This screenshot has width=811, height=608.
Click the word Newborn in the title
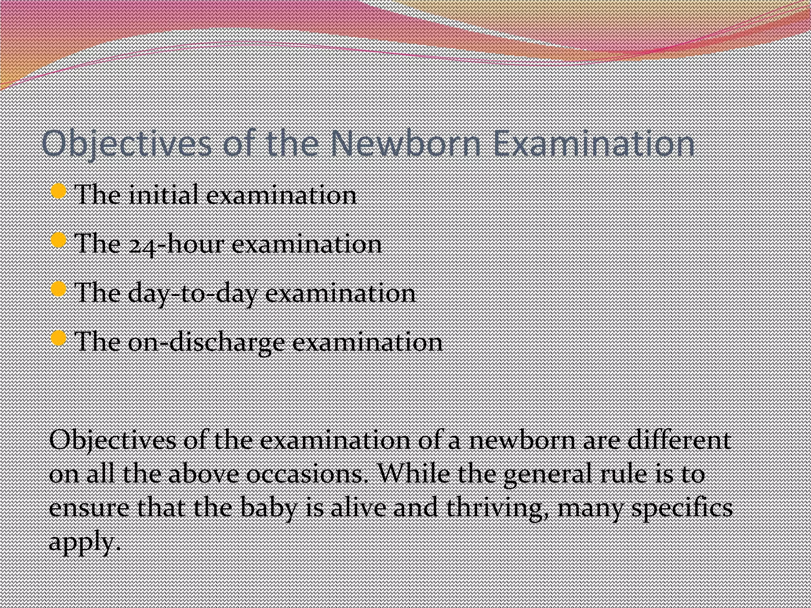(405, 143)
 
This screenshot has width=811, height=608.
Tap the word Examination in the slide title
(594, 143)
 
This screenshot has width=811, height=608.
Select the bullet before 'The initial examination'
(59, 192)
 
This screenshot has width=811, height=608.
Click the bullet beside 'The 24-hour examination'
(59, 240)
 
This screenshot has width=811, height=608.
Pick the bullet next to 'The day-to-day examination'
(59, 289)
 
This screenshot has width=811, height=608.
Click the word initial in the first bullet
(163, 195)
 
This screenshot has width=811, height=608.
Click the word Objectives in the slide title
(127, 144)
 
